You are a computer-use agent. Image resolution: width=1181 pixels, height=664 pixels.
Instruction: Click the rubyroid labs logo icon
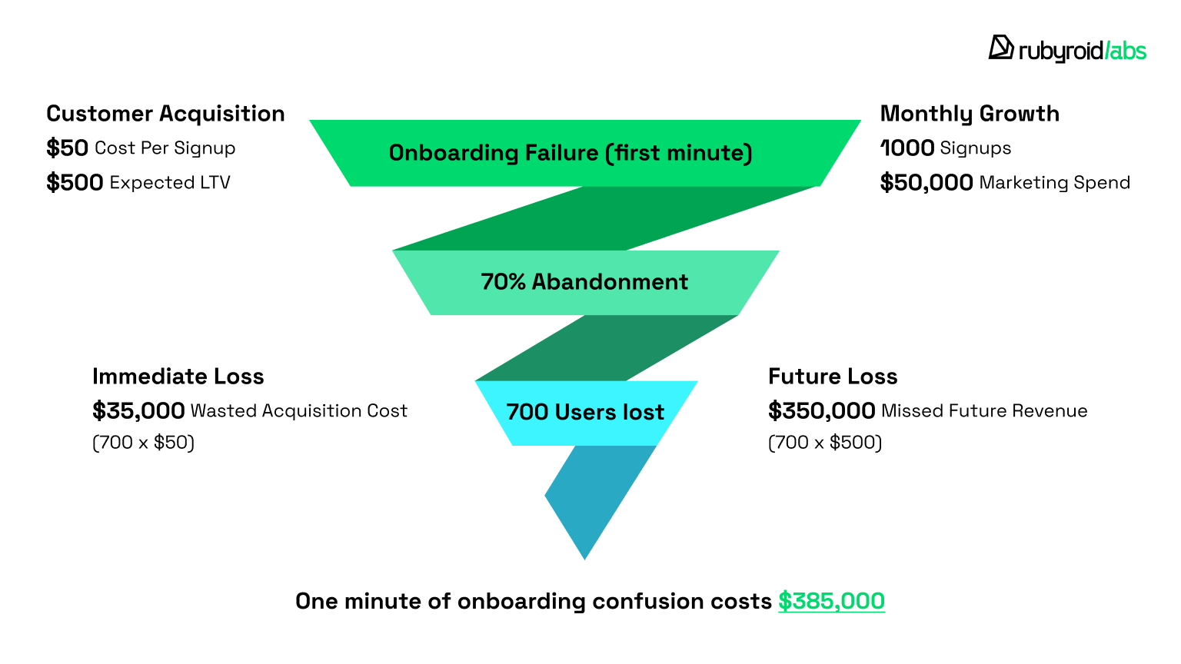click(1000, 48)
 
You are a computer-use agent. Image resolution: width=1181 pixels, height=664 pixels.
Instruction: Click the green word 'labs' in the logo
click(1127, 51)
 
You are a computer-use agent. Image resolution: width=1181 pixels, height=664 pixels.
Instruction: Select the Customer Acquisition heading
click(165, 114)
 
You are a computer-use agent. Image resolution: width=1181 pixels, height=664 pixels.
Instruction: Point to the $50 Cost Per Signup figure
click(67, 148)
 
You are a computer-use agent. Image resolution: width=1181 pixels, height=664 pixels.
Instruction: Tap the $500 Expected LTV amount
click(75, 182)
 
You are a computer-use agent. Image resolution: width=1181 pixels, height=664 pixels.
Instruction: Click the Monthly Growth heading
click(970, 114)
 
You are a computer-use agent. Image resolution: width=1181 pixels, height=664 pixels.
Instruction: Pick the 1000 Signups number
click(907, 148)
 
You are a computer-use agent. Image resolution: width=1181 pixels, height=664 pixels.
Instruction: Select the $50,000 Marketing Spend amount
click(927, 182)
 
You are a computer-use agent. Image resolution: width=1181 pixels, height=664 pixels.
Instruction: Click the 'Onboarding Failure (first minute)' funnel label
click(571, 153)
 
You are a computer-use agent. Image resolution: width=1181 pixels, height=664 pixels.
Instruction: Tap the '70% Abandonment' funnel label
click(584, 282)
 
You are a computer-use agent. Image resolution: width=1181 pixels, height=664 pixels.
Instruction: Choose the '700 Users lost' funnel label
click(585, 412)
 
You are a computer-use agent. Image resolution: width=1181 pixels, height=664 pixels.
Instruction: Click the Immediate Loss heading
click(178, 377)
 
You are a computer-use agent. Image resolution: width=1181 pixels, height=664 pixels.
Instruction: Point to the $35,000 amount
click(138, 410)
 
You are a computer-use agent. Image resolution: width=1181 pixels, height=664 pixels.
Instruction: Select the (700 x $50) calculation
click(144, 442)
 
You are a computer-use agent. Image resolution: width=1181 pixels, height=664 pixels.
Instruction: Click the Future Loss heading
click(833, 377)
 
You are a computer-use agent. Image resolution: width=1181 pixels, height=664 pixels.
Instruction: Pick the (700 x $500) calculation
click(825, 442)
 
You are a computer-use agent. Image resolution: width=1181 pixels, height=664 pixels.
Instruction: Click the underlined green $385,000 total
click(831, 601)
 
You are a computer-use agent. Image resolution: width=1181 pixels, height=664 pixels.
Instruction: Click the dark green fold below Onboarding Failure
click(604, 218)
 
